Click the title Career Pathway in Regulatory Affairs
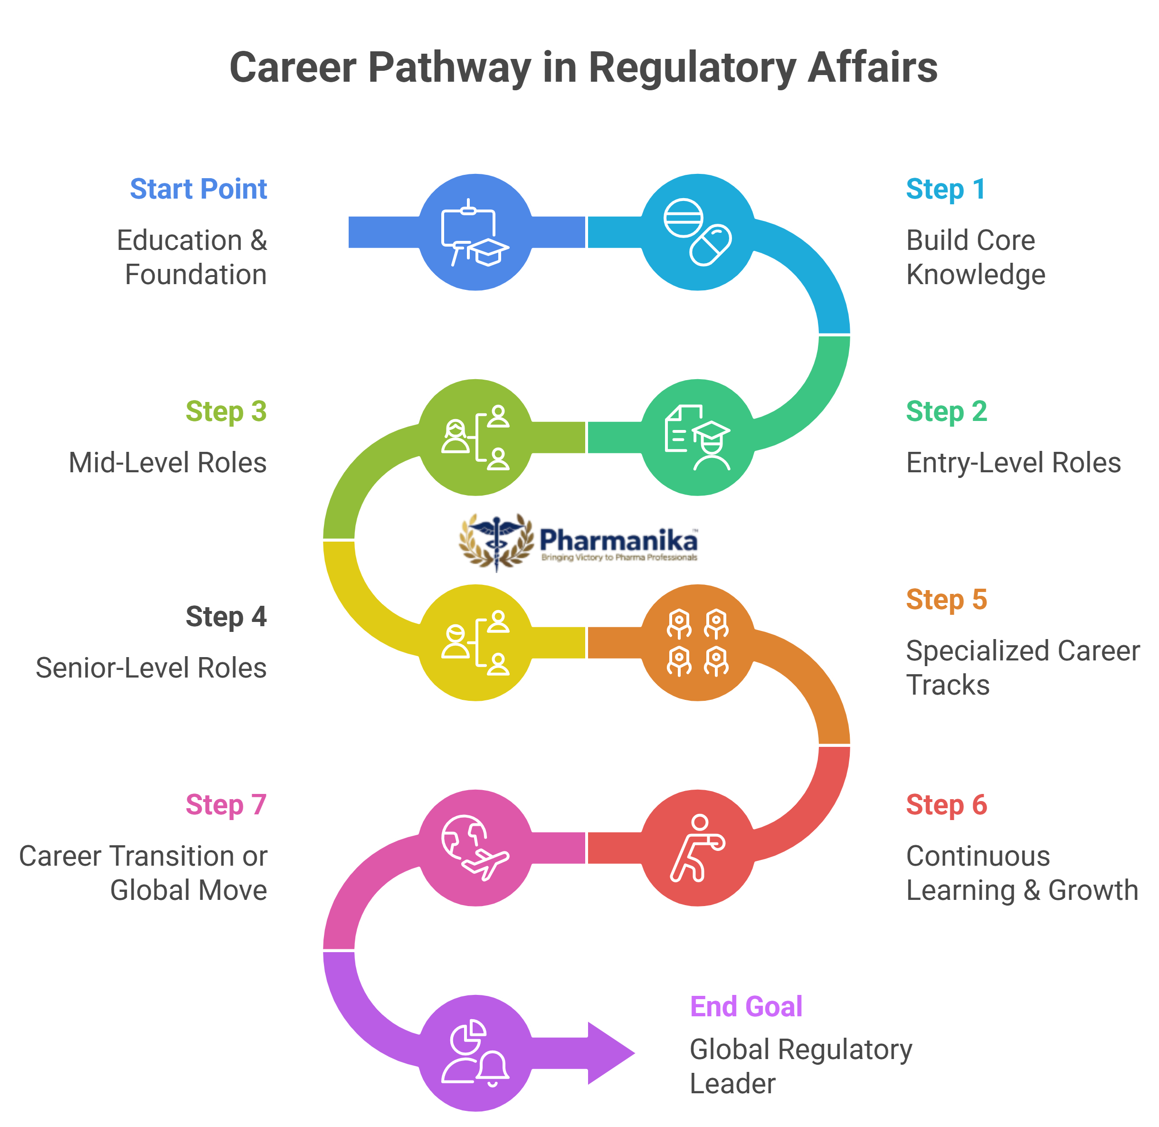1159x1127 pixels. click(583, 67)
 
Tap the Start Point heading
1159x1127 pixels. click(198, 189)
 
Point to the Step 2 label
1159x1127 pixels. click(946, 411)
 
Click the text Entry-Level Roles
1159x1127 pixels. click(1013, 463)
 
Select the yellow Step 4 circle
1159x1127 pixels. click(475, 643)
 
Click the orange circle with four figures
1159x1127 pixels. click(698, 643)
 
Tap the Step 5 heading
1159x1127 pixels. click(946, 600)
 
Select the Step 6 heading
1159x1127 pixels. click(946, 805)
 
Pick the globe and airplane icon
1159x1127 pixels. click(475, 848)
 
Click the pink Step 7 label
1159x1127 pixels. click(226, 805)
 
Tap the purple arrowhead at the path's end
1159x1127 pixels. click(612, 1053)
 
